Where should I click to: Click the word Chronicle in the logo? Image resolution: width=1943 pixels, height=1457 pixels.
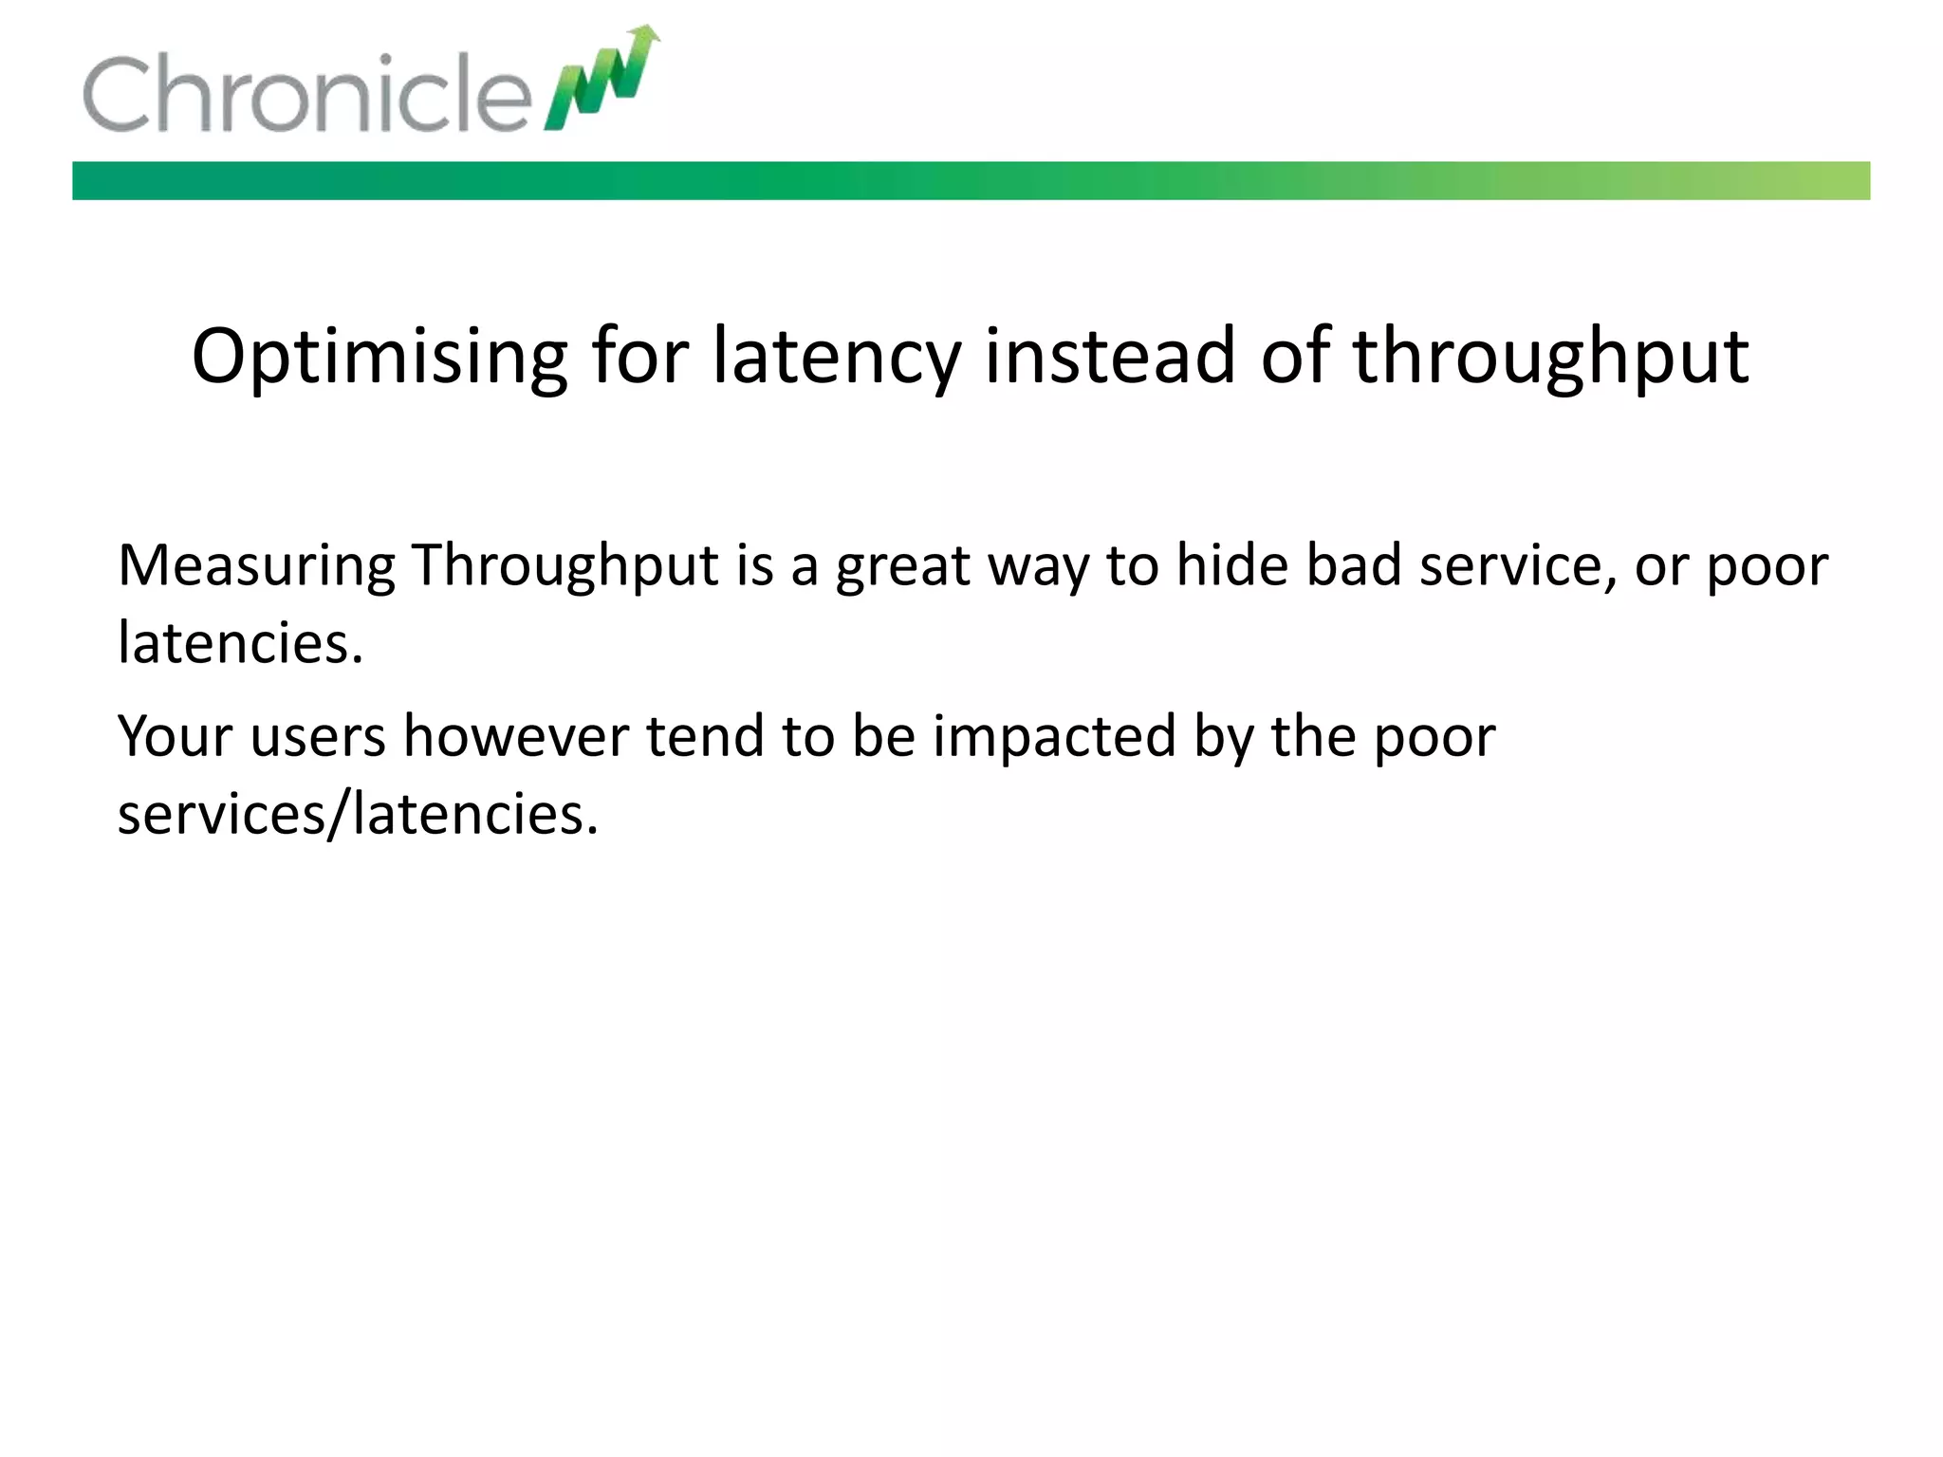point(305,94)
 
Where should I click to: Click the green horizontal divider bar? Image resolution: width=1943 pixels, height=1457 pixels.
point(971,180)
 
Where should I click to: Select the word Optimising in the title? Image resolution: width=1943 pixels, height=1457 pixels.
point(379,357)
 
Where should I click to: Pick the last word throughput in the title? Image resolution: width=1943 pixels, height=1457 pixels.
point(1549,357)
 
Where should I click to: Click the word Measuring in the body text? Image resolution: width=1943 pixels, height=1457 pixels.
point(256,567)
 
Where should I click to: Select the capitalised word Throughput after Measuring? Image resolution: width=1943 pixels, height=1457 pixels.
point(564,567)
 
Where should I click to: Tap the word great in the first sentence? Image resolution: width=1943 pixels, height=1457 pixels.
point(902,567)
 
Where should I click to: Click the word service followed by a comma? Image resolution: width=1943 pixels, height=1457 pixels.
point(1517,565)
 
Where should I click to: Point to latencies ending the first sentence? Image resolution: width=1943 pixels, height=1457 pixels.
point(240,643)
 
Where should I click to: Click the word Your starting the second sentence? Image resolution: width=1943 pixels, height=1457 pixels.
point(175,736)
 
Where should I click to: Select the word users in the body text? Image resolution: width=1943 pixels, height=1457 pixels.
point(318,736)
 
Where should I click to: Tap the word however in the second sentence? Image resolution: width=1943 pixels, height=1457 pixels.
point(516,736)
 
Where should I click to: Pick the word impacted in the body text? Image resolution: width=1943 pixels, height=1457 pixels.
point(1054,736)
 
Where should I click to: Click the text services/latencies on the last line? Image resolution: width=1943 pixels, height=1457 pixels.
point(358,814)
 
